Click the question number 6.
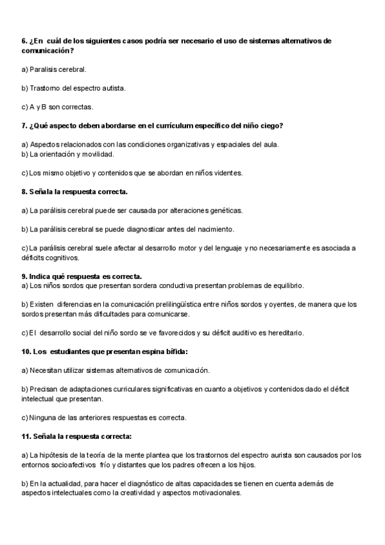coord(24,41)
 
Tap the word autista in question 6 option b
coord(112,87)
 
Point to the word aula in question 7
coord(271,145)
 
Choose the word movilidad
coord(98,154)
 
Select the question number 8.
coord(24,192)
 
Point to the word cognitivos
coord(64,258)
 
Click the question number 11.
coord(26,436)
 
